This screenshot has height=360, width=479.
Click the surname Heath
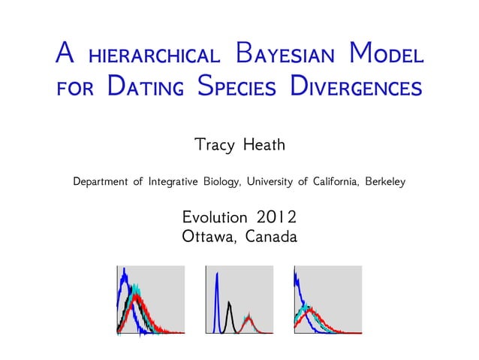(x=264, y=144)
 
